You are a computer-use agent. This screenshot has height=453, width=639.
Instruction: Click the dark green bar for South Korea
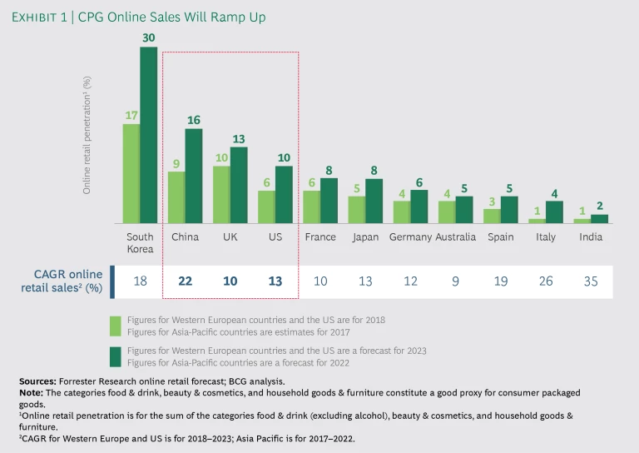[148, 135]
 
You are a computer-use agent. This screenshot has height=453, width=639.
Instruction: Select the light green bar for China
[176, 197]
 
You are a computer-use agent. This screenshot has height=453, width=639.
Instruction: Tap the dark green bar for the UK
[239, 185]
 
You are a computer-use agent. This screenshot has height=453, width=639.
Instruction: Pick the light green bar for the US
[266, 207]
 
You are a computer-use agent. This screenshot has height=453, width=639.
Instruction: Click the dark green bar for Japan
[374, 201]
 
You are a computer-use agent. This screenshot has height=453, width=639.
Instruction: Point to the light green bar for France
[311, 207]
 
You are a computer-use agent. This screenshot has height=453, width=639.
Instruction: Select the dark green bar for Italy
[554, 212]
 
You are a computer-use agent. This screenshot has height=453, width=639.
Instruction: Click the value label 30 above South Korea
[148, 37]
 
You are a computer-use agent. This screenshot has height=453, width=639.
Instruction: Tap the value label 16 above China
[193, 119]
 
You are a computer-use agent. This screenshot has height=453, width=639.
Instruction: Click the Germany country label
[410, 237]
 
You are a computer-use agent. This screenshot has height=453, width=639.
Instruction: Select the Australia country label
[456, 237]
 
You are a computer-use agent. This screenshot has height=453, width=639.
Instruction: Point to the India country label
[592, 237]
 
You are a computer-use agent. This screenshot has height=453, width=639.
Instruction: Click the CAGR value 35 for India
[591, 281]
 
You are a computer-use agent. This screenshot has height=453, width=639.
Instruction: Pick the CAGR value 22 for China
[185, 281]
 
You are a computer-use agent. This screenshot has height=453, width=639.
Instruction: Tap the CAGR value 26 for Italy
[546, 281]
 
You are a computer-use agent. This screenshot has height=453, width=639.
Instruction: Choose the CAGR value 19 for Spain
[501, 281]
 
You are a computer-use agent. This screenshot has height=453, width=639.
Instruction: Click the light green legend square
[116, 323]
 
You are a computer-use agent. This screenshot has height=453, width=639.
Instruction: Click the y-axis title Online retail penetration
[87, 134]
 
